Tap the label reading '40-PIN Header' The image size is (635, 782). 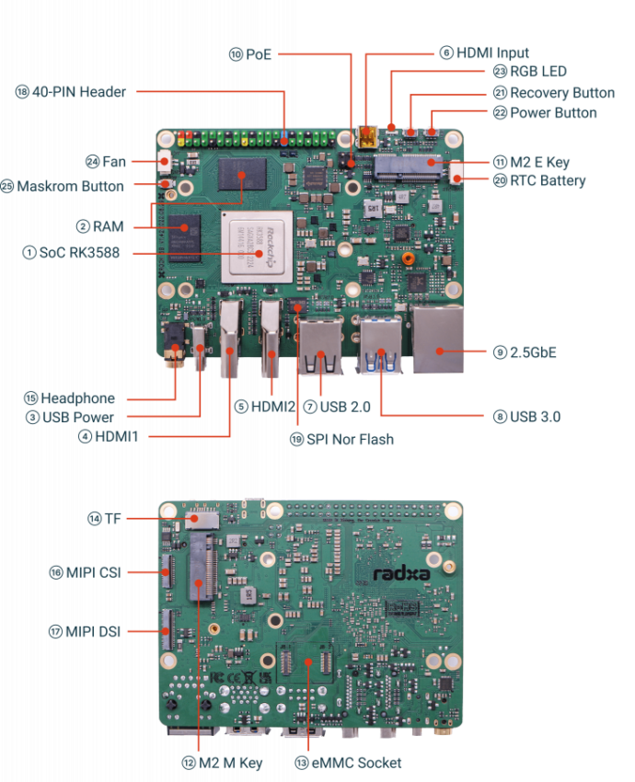click(x=79, y=92)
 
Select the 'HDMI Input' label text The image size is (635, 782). click(x=492, y=52)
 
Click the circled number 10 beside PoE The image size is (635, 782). click(x=236, y=54)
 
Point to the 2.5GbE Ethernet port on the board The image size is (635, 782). click(x=437, y=339)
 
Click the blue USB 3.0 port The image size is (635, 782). click(x=380, y=346)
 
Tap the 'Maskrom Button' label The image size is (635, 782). click(x=70, y=187)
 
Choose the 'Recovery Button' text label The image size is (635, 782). click(x=562, y=93)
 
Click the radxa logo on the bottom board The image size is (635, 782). click(x=401, y=574)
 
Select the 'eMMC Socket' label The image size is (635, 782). click(x=356, y=763)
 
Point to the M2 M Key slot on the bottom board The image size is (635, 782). click(x=203, y=568)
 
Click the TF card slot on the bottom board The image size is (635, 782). click(x=202, y=519)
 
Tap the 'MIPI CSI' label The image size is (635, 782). click(x=93, y=572)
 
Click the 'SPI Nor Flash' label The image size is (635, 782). click(x=351, y=440)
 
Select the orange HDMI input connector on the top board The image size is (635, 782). click(x=368, y=137)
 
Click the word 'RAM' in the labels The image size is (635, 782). click(x=109, y=226)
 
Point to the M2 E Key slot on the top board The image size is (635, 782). click(x=408, y=167)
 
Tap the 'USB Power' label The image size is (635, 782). click(x=78, y=418)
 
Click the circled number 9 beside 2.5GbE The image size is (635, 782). click(x=501, y=352)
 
